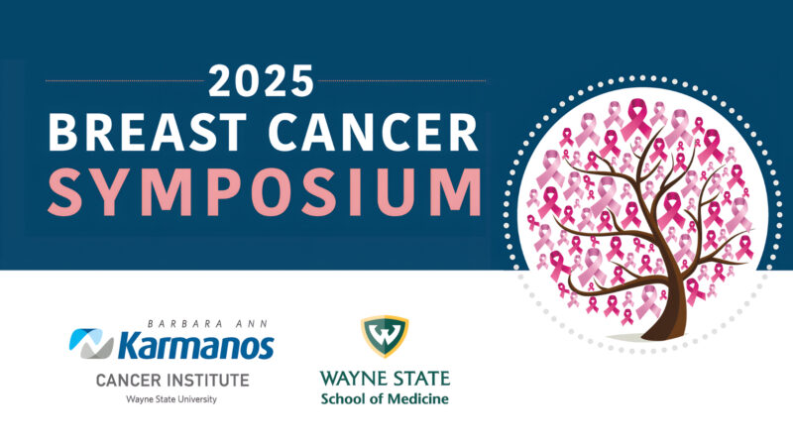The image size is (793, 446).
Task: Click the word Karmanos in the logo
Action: click(195, 345)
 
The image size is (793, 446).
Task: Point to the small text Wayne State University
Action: click(171, 399)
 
